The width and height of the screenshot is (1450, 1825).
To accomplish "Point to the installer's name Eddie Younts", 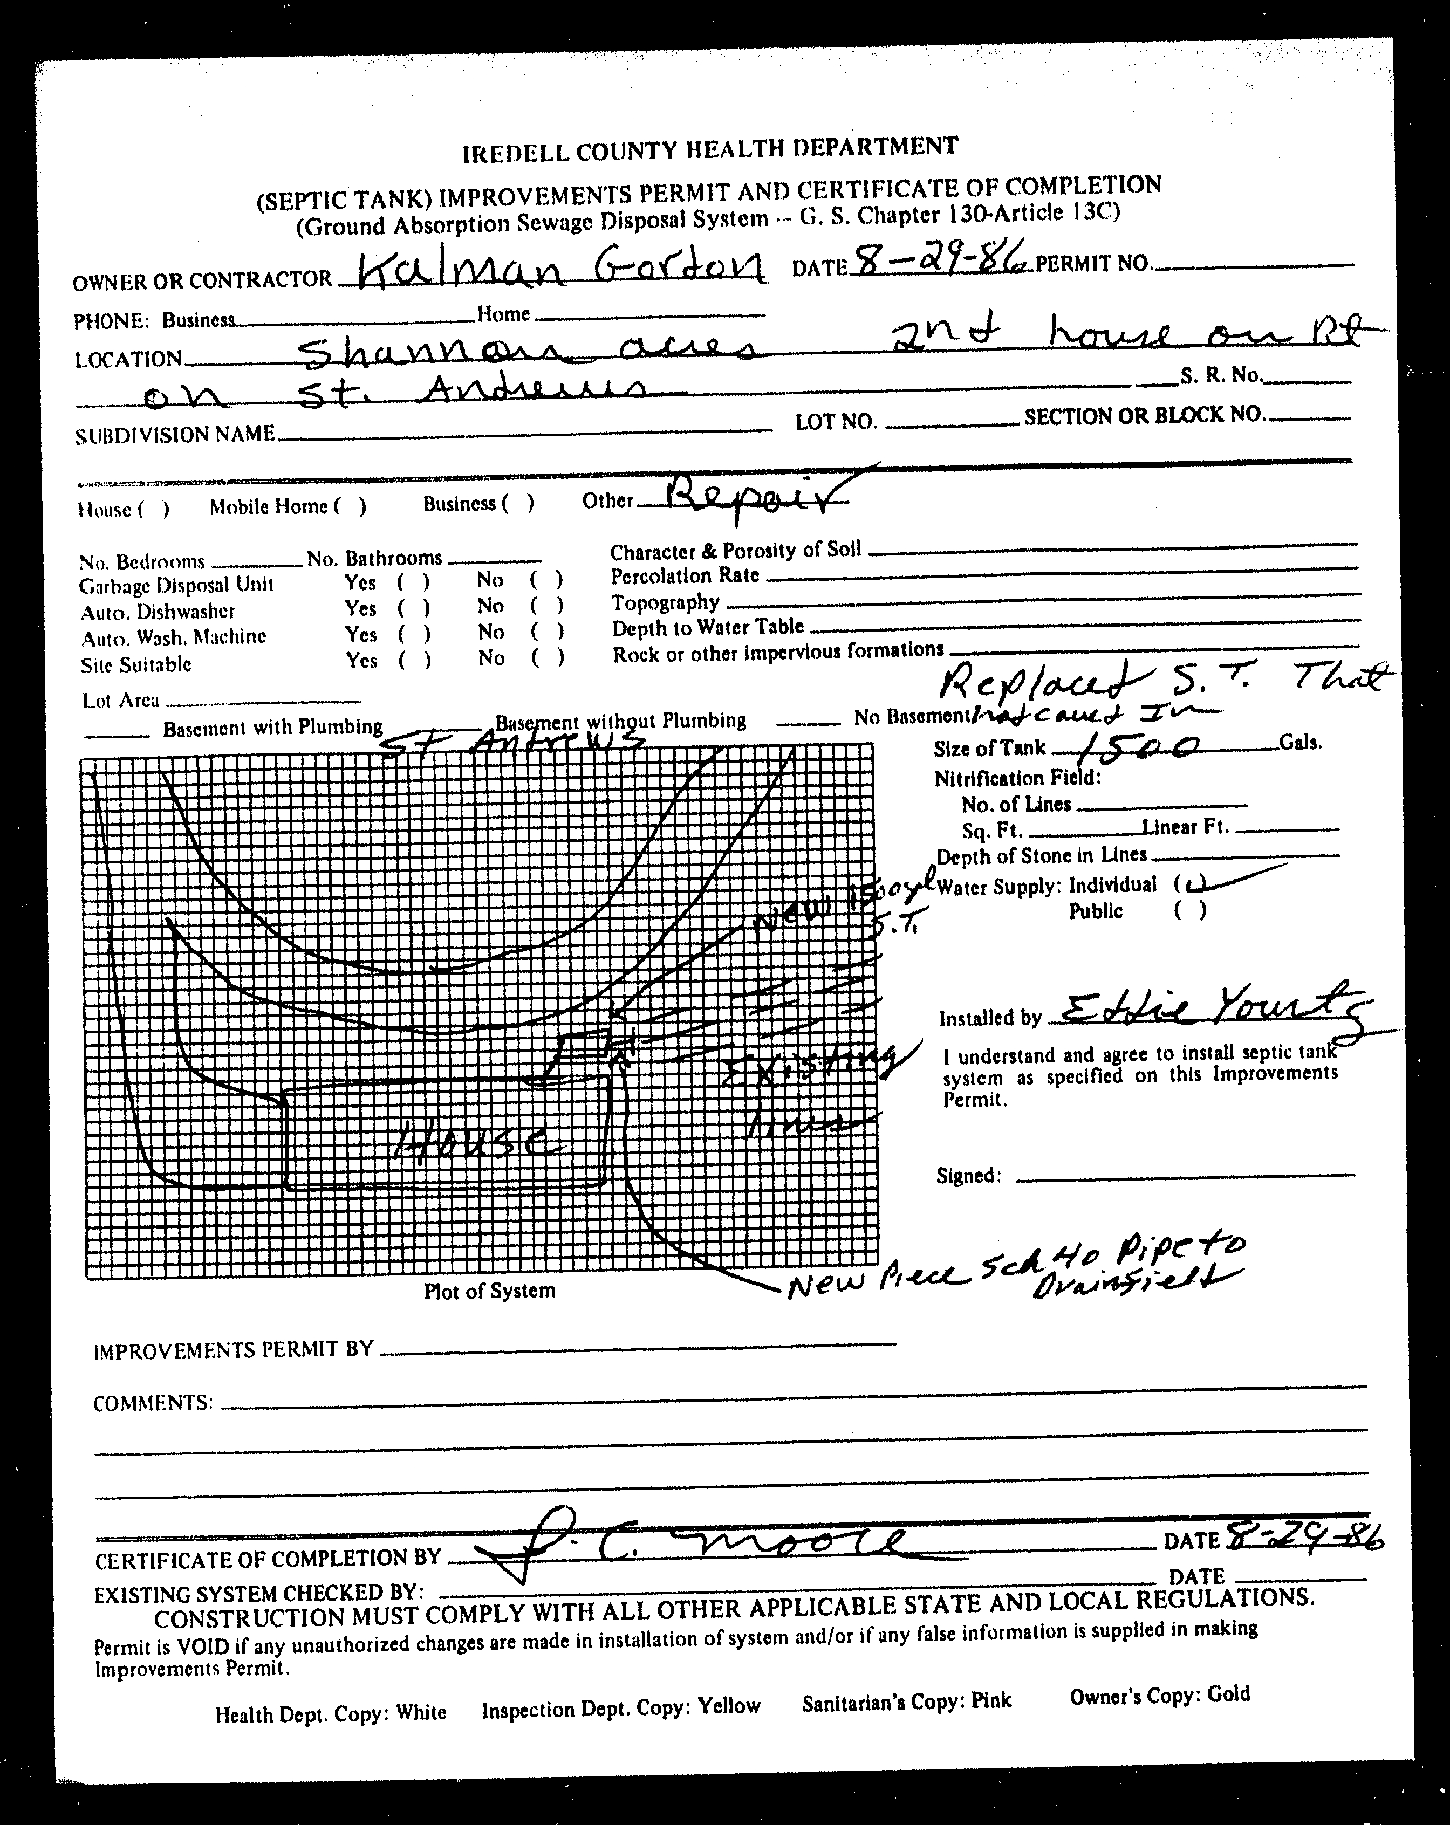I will (1206, 1011).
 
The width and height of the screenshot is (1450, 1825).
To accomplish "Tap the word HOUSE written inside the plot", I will (475, 1144).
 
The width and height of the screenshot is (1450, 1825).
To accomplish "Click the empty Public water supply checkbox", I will (1191, 911).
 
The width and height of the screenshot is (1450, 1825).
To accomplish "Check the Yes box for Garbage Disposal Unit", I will (414, 582).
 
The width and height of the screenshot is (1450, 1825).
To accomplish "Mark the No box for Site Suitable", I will (547, 658).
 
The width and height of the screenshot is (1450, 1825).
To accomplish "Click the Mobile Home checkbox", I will (350, 506).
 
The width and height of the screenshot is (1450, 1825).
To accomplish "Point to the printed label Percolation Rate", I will (685, 577).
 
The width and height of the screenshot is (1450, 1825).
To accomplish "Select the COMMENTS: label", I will (152, 1403).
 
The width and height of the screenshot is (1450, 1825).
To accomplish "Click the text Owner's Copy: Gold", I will (1159, 1694).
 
